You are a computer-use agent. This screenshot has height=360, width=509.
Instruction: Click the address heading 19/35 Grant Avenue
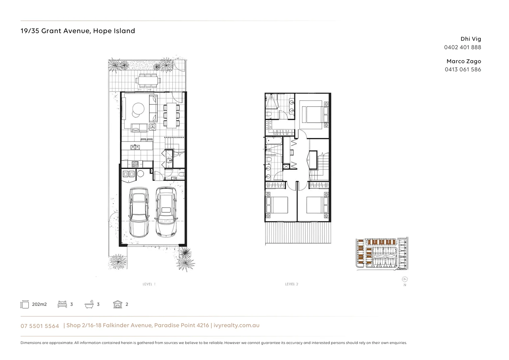78,31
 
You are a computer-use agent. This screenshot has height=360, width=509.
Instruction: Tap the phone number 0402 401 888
462,47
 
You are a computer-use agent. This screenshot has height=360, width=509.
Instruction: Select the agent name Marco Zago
464,61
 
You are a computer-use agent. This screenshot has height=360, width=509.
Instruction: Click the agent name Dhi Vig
471,39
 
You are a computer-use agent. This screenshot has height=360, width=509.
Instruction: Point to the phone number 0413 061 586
463,69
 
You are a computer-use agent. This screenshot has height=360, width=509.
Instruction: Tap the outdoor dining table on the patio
148,80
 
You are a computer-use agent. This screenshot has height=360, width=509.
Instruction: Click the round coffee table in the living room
138,109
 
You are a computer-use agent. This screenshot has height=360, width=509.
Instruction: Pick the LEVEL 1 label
149,284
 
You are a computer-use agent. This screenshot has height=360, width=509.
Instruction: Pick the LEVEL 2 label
291,284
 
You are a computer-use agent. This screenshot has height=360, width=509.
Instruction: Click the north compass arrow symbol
405,279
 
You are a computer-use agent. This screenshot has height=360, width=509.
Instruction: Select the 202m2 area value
39,304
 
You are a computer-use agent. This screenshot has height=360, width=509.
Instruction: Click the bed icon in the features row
62,304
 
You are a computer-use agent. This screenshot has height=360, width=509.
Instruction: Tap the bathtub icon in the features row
89,304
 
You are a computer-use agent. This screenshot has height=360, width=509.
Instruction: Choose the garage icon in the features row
118,304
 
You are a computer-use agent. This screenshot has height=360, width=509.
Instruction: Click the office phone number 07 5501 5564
40,326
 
